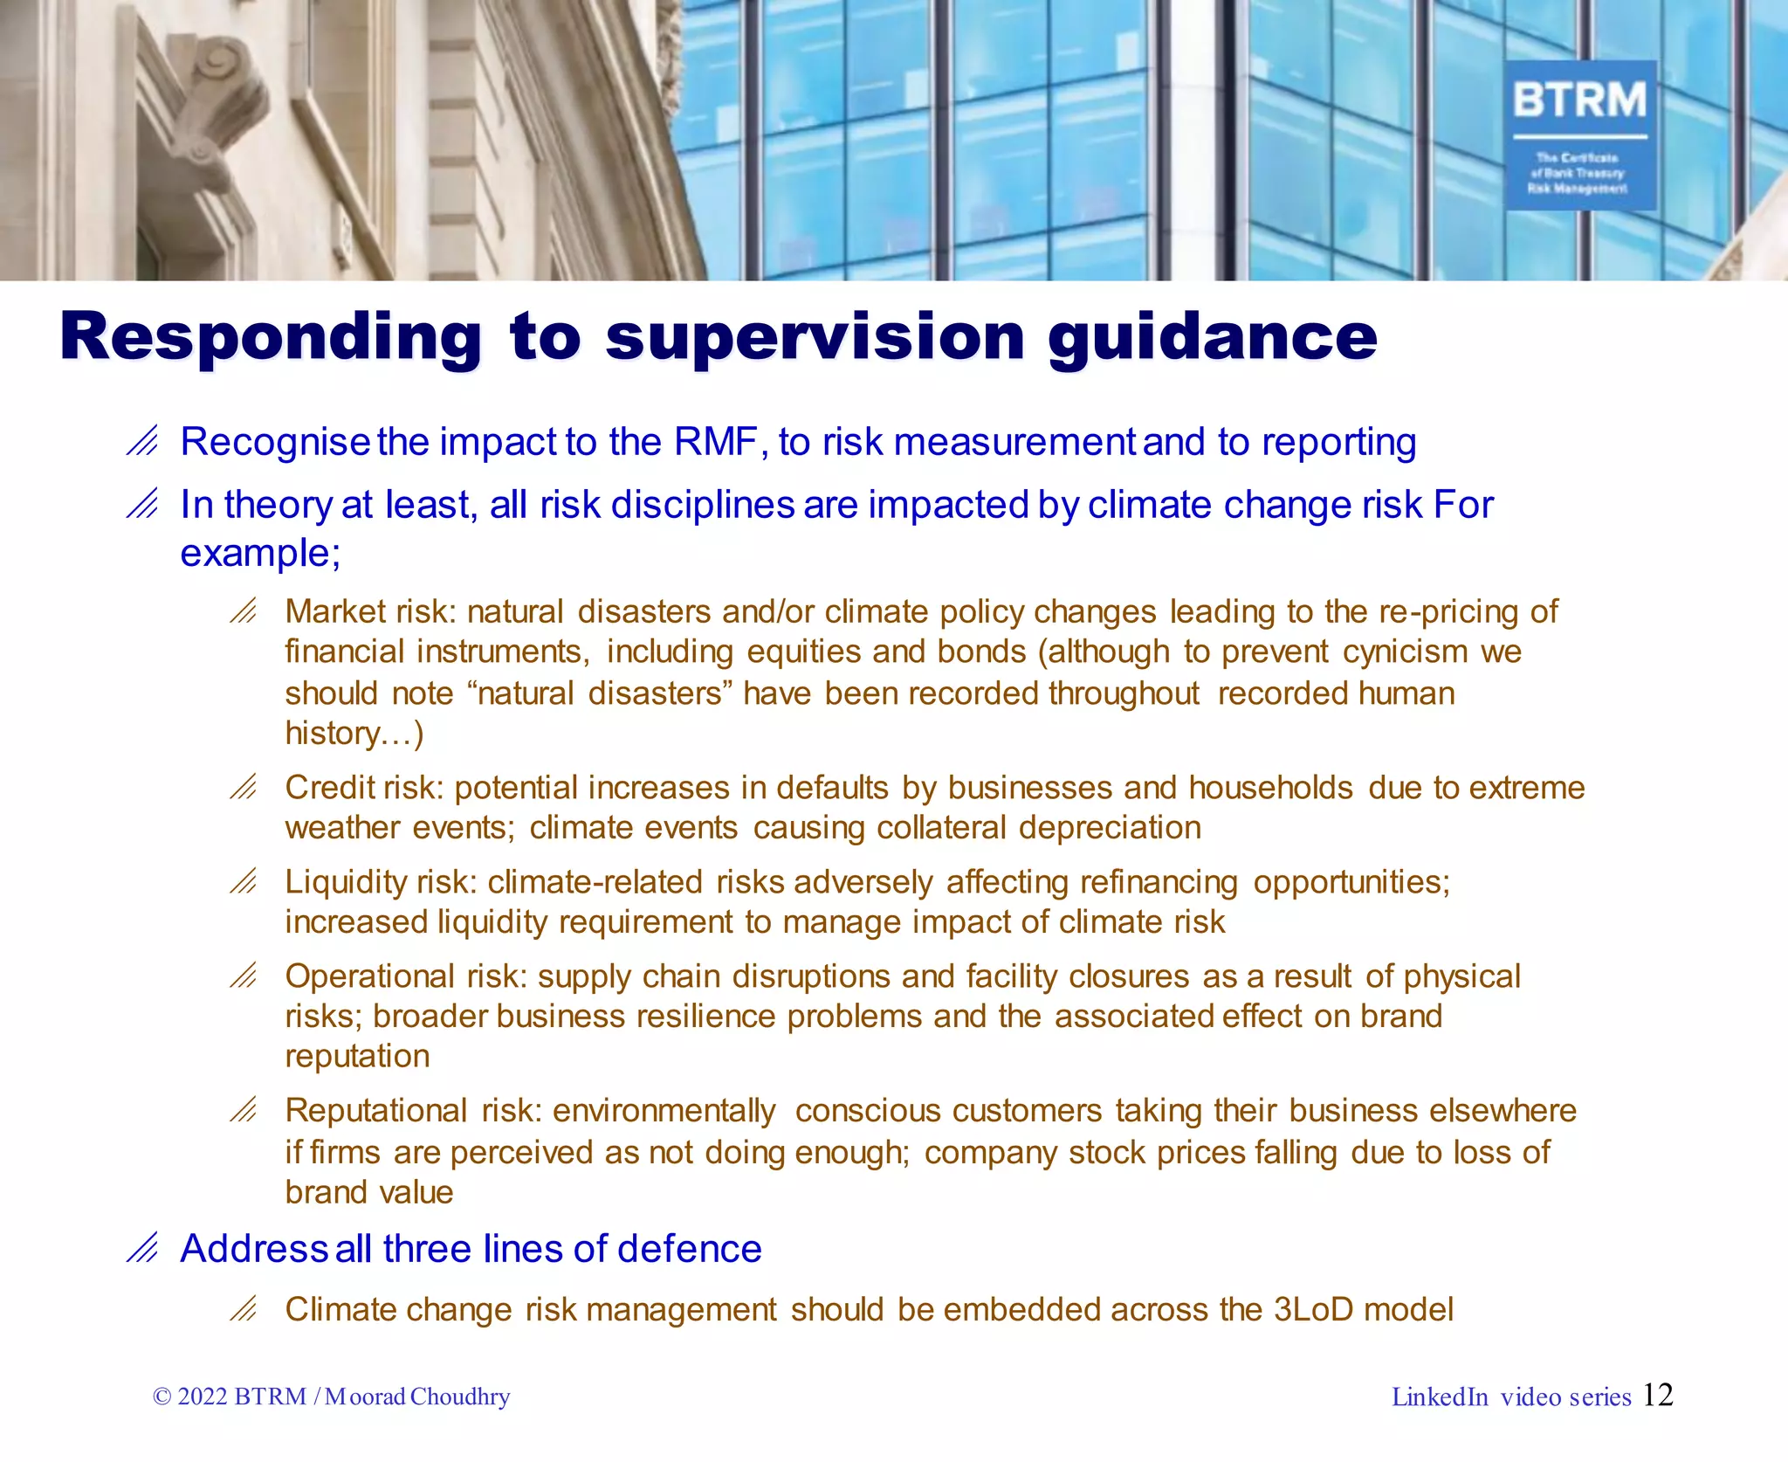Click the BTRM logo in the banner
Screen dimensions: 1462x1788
point(1579,134)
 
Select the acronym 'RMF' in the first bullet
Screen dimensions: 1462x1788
point(715,442)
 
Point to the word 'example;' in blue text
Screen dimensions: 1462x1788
point(260,554)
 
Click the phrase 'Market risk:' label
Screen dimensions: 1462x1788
point(371,611)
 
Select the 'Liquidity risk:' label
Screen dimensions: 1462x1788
point(381,882)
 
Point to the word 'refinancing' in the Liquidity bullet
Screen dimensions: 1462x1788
point(1159,882)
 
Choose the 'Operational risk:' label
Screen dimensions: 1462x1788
point(406,976)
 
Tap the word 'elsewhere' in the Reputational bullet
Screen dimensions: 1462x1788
point(1503,1111)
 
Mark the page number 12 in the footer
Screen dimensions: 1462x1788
point(1657,1395)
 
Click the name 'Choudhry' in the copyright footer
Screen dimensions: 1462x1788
point(460,1396)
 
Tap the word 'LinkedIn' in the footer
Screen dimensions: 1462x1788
point(1440,1397)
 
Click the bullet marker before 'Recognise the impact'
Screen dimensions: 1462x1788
point(142,442)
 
